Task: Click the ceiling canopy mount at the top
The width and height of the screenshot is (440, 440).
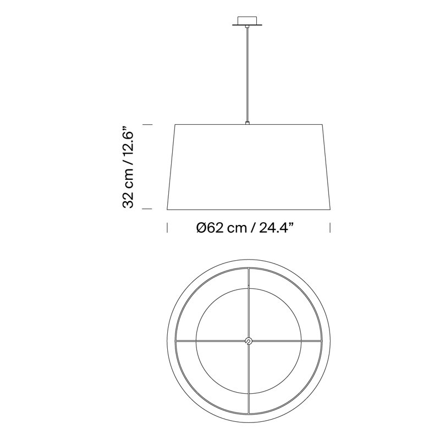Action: (x=247, y=21)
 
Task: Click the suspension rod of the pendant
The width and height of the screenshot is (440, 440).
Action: (x=247, y=74)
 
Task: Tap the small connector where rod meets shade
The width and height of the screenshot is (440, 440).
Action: (x=247, y=123)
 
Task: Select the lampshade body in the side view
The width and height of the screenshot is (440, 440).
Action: (x=249, y=167)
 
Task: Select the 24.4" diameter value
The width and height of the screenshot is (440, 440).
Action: (x=277, y=228)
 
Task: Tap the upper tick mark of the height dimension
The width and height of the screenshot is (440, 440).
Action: (x=147, y=125)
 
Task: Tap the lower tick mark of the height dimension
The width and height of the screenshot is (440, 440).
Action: (x=147, y=209)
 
